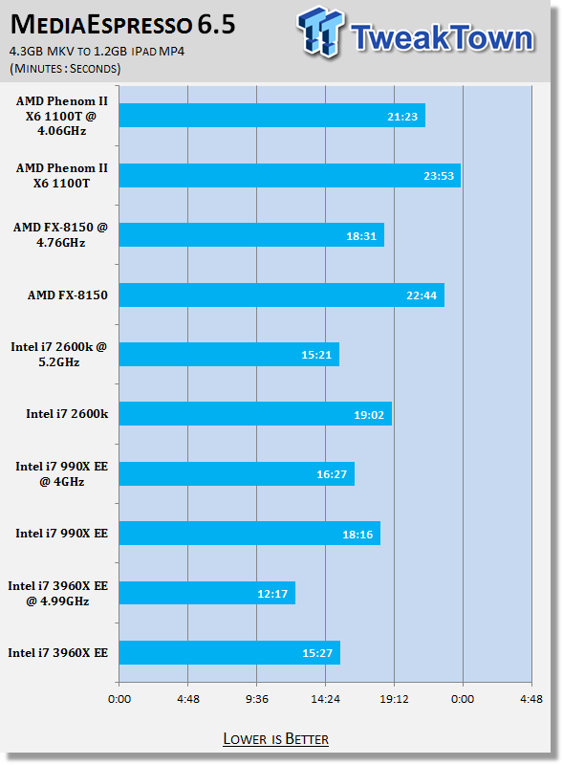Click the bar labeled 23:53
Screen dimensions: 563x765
[290, 176]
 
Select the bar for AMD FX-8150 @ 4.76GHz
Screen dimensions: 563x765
[251, 235]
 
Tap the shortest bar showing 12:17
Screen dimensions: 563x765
[207, 593]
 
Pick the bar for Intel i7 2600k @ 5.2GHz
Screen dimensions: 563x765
[229, 354]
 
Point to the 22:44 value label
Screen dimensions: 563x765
[422, 295]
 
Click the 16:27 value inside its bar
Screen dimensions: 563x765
[332, 474]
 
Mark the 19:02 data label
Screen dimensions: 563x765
[369, 415]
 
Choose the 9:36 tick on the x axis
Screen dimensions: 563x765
[256, 699]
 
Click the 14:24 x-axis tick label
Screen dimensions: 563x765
[325, 699]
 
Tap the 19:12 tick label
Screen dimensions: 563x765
[394, 699]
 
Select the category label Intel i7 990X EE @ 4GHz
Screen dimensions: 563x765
[61, 473]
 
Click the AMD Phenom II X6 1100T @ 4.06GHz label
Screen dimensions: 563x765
[61, 116]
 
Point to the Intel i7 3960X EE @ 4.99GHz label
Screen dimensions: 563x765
[57, 593]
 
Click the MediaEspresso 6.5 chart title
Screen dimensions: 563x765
[123, 25]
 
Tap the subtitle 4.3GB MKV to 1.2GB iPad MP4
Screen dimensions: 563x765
[97, 52]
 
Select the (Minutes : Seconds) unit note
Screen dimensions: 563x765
[65, 68]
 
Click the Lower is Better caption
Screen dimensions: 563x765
[275, 739]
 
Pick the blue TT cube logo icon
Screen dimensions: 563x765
[320, 32]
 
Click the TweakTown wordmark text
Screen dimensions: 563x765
[442, 37]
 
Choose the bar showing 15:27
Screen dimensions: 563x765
[229, 653]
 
